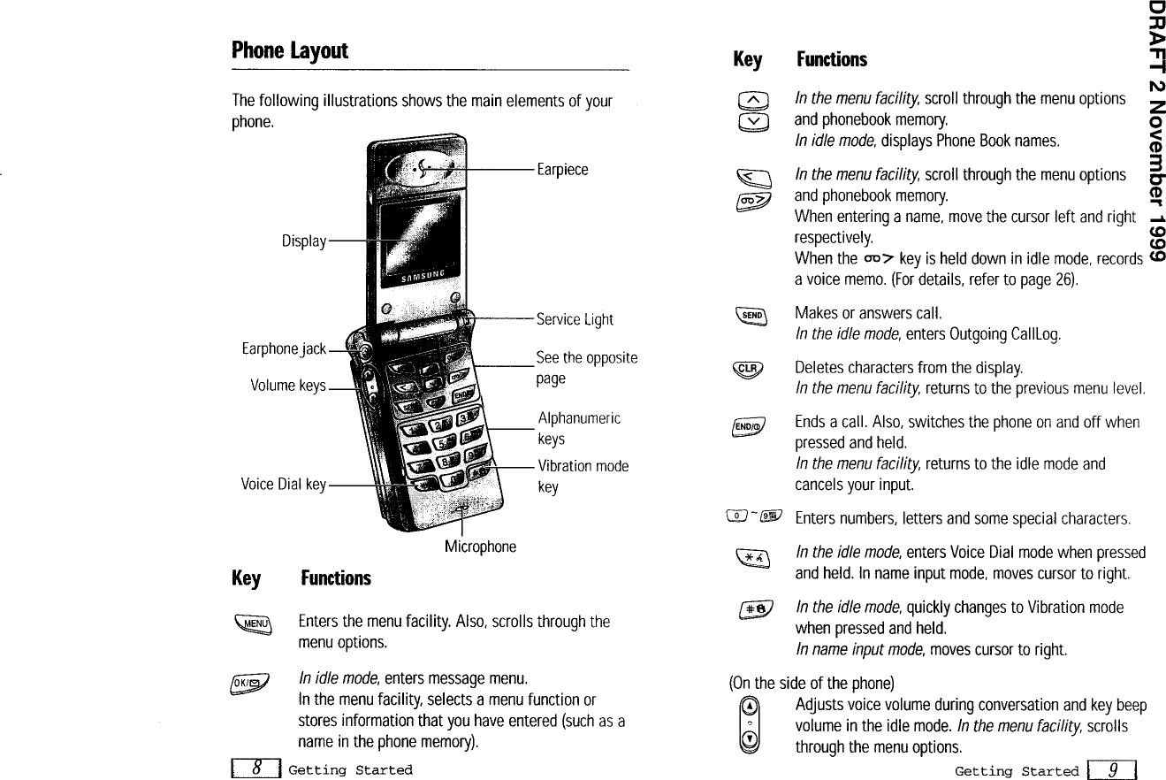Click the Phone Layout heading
[290, 50]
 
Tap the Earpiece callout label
[562, 170]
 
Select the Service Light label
[575, 319]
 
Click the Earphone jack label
[284, 349]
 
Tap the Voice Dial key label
[284, 485]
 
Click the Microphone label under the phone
[480, 547]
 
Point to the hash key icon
[756, 609]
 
